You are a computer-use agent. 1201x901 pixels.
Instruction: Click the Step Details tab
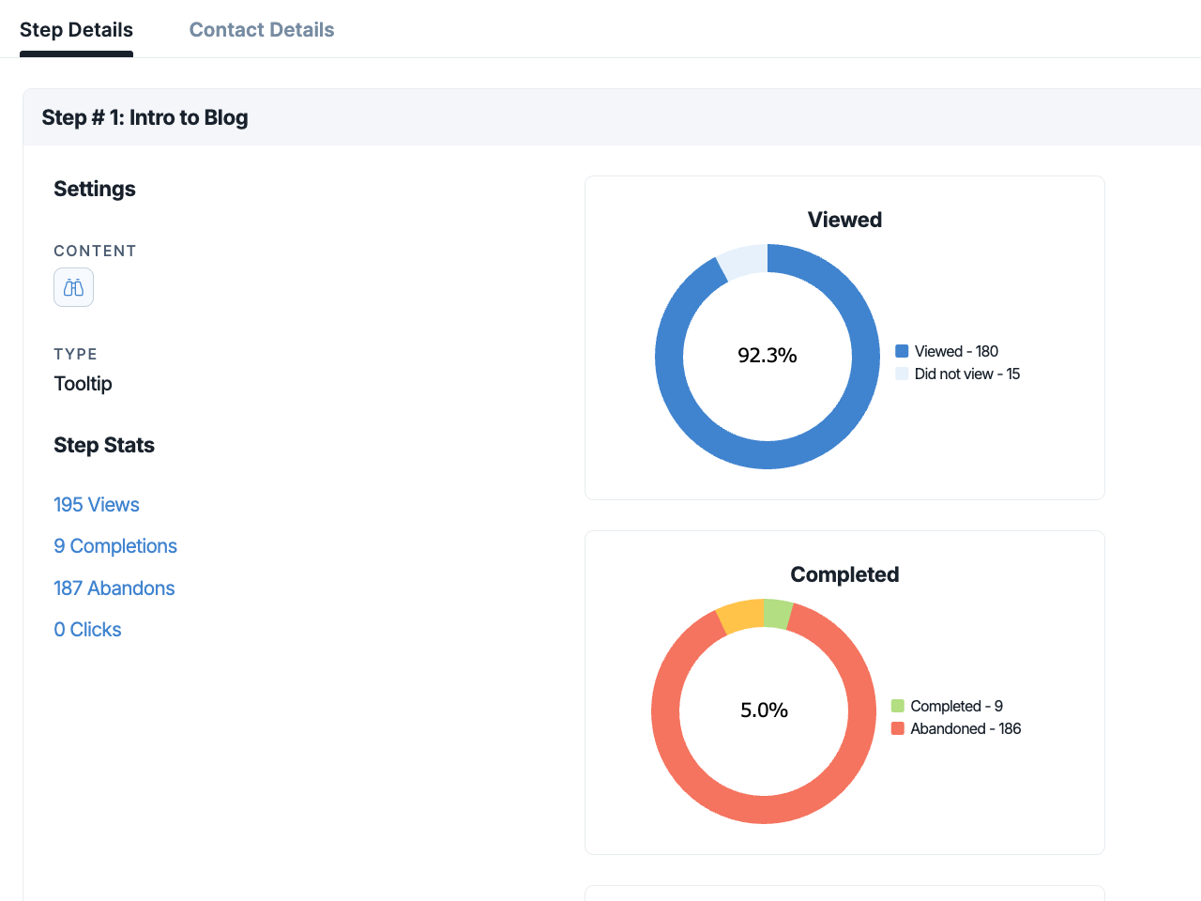76,29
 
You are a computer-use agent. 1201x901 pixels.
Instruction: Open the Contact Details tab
262,29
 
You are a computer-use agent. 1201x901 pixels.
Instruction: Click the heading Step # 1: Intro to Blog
145,117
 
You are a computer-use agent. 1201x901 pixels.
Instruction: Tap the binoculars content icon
73,287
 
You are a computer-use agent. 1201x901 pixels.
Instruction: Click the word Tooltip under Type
83,384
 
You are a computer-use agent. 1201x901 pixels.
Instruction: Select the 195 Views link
97,504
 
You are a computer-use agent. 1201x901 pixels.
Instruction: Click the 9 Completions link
115,546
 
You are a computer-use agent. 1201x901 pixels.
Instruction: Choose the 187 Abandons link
114,588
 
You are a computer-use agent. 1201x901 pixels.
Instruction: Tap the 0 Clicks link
87,630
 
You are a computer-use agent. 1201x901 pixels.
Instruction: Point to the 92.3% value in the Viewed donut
768,356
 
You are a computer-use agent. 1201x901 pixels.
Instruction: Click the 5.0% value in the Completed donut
764,710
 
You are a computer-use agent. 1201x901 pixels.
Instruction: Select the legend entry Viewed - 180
947,351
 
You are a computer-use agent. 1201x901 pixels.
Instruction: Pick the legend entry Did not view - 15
958,374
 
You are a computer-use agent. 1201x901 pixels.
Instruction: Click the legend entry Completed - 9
947,706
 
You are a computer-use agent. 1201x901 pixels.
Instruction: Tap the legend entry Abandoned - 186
956,728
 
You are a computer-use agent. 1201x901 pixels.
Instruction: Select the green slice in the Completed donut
776,614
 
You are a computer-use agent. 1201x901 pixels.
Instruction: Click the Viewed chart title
844,220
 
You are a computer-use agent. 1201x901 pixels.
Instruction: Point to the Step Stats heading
104,445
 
